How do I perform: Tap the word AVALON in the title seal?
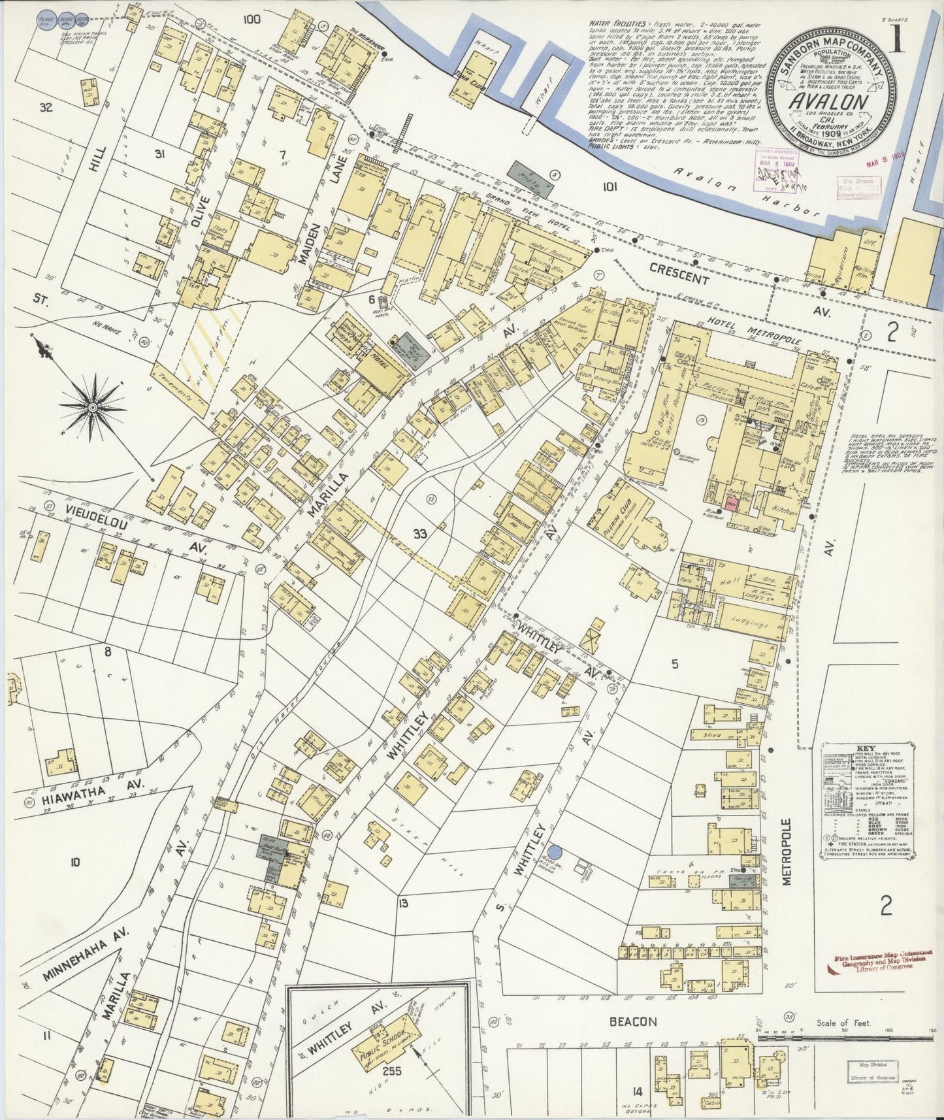[829, 103]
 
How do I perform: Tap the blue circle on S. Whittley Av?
[555, 851]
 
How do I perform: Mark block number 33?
[419, 534]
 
